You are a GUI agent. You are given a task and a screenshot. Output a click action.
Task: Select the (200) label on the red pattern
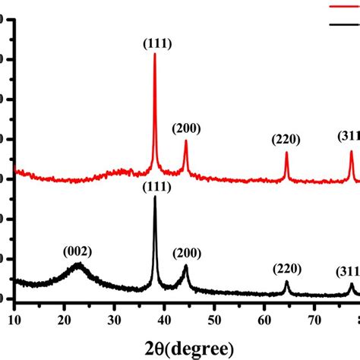pos(186,128)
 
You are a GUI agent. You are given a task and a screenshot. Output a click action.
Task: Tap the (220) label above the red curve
pos(286,140)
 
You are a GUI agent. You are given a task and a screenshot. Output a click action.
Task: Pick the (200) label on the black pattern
pos(186,253)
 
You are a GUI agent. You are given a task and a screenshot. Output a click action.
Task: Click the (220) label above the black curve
pos(287,268)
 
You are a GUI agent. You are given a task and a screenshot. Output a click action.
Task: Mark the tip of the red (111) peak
pos(155,54)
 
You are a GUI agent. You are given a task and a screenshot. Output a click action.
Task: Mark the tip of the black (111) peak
pos(155,197)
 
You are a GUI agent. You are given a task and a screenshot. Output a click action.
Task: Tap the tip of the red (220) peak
pos(286,153)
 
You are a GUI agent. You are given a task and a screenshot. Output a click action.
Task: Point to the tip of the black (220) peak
pos(286,282)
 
